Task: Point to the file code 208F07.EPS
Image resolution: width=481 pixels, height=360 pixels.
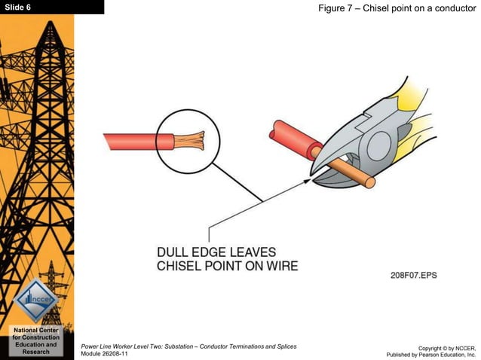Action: click(413, 276)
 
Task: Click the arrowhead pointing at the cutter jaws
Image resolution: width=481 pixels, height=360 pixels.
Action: click(308, 179)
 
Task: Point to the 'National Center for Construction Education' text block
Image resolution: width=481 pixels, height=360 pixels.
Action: click(36, 340)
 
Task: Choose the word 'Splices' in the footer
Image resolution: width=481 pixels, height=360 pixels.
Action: click(283, 346)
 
